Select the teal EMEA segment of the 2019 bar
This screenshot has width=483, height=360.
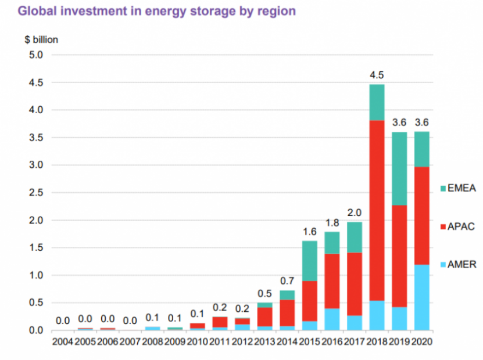pyautogui.click(x=400, y=168)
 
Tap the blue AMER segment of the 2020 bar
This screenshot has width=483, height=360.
pyautogui.click(x=422, y=297)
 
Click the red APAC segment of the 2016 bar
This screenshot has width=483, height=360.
pyautogui.click(x=332, y=281)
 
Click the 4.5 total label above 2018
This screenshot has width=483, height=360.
pyautogui.click(x=377, y=75)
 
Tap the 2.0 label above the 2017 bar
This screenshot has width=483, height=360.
pyautogui.click(x=355, y=212)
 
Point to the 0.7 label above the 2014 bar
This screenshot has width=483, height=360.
pyautogui.click(x=287, y=281)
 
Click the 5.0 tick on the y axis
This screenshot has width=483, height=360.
pyautogui.click(x=36, y=55)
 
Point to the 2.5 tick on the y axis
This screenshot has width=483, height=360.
pyautogui.click(x=36, y=193)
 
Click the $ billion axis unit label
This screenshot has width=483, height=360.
pyautogui.click(x=41, y=40)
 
